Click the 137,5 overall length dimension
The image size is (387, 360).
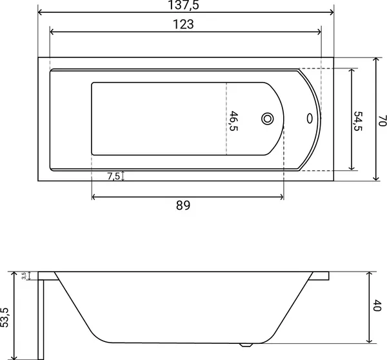point(183,5)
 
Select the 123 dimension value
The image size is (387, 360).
point(183,25)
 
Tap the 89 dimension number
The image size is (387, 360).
point(183,205)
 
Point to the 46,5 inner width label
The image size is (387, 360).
point(233,121)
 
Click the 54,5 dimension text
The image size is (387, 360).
point(358,121)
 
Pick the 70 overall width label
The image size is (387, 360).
point(382,121)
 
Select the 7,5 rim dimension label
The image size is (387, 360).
point(114,176)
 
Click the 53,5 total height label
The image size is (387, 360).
point(5,317)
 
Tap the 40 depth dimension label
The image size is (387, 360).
point(377,305)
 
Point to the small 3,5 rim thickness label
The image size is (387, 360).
point(24,275)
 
